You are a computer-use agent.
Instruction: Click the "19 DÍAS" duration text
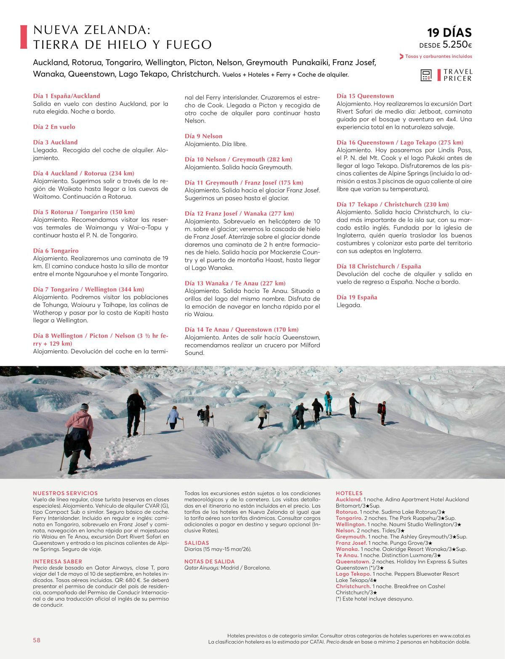click(x=449, y=32)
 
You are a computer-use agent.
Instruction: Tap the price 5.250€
click(x=457, y=45)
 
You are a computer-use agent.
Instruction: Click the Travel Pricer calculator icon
click(x=426, y=75)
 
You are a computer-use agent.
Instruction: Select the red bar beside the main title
click(x=24, y=37)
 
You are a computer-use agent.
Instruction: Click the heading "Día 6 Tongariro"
click(x=56, y=251)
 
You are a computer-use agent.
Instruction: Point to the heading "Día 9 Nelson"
click(x=203, y=136)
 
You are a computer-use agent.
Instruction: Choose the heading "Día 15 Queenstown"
click(x=365, y=96)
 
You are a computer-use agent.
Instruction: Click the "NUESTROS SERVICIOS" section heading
click(x=65, y=493)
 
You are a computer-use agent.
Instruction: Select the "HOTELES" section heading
click(x=349, y=493)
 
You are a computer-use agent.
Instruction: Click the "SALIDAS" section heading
click(x=197, y=543)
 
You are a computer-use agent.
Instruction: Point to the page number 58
click(x=37, y=640)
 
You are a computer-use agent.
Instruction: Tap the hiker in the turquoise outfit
click(x=327, y=402)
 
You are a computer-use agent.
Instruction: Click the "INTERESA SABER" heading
click(x=57, y=561)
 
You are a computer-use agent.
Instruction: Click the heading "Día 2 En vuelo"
click(x=54, y=127)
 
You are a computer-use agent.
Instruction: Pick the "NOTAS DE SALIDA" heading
click(x=209, y=561)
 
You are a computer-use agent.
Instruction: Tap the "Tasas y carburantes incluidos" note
click(x=438, y=56)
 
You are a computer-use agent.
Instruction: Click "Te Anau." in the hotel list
click(x=347, y=555)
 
